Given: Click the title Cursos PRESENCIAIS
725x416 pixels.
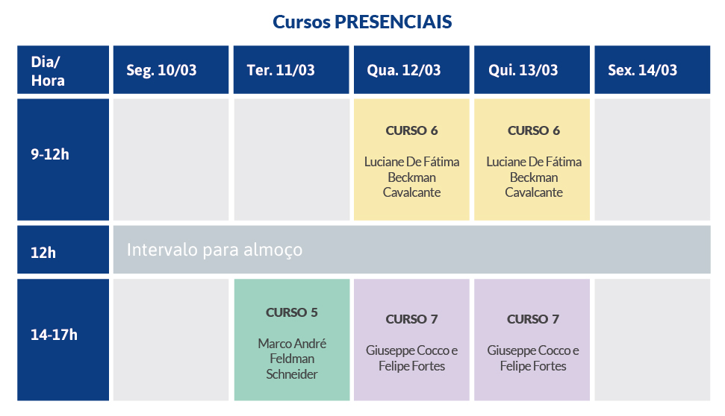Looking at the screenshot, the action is coord(362,22).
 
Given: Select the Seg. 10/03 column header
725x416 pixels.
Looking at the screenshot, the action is coord(171,70).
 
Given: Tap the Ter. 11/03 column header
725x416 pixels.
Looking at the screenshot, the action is coord(291,70).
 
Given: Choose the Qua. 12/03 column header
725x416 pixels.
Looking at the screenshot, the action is coord(411,70).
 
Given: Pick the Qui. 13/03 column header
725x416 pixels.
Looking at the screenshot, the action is coord(532,70).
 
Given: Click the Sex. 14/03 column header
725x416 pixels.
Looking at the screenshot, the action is coord(652,70).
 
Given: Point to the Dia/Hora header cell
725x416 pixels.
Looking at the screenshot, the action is coord(63,70).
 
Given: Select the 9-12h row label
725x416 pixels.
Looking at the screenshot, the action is coord(63,160).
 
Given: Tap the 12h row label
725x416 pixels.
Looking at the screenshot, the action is coord(63,249).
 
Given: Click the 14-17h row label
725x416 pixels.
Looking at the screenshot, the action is coord(63,339).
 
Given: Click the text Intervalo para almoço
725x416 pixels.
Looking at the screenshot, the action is coord(214,250).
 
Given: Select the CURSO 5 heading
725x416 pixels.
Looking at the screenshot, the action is coord(292,312).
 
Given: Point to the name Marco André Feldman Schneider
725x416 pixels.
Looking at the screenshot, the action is coord(292,359).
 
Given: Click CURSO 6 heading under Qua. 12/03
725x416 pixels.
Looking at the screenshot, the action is coord(411,130).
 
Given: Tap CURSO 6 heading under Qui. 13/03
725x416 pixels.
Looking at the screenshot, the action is coord(534,130).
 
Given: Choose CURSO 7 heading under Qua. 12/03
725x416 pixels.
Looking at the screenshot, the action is coord(411,319).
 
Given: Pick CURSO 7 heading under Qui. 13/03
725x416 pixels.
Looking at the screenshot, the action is coord(532,319).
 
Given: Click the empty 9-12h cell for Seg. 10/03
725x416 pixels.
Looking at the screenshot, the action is coord(171,160).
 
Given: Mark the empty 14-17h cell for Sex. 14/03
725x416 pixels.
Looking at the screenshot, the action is coord(652,339).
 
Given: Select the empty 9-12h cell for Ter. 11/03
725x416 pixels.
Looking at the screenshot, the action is coord(291,160).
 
